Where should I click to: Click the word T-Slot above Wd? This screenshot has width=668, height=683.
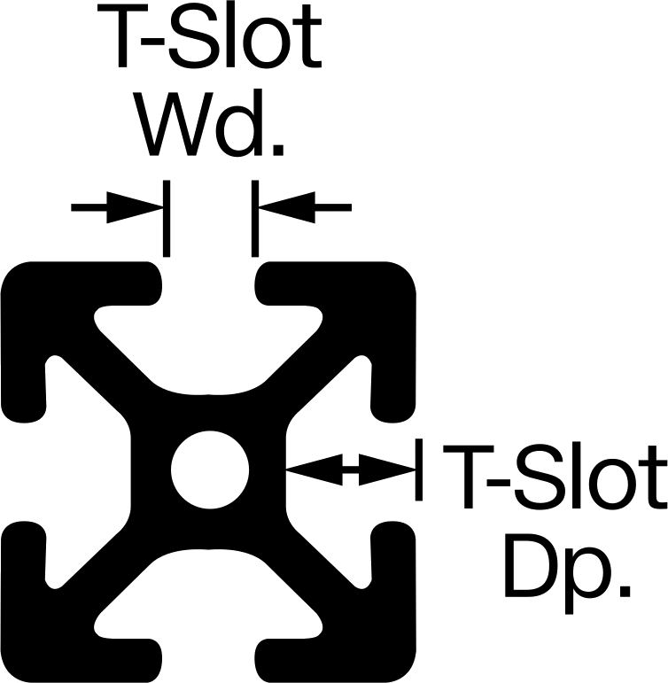coord(209,36)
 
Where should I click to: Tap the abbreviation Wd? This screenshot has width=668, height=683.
coord(209,124)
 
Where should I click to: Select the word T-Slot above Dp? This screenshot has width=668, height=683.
coord(554,476)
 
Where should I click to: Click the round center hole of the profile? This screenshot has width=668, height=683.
coord(210,470)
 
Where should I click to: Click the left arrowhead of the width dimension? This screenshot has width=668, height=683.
coord(135,207)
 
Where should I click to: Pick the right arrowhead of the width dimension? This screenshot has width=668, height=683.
coord(287,207)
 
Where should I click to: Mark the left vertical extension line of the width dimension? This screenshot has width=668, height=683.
coord(167,218)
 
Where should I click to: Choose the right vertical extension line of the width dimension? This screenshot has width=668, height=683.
coord(255,218)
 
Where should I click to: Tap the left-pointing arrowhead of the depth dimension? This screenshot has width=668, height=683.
coord(315,470)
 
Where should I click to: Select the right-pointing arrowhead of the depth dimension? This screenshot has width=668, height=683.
coord(387,470)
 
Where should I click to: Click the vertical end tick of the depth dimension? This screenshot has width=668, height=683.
coord(419,470)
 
